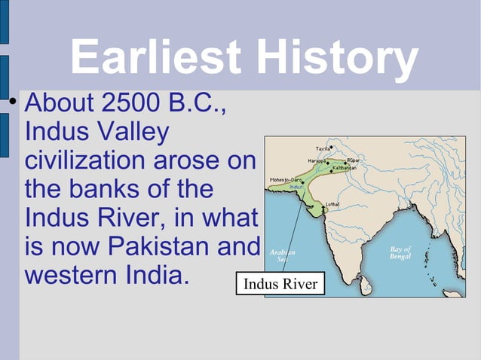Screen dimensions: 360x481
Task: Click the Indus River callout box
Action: click(280, 284)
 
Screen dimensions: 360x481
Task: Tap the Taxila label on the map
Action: click(322, 148)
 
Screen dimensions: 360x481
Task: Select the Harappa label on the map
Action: click(317, 161)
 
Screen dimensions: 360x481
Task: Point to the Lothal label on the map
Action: click(332, 204)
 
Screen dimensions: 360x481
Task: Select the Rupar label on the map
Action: click(353, 160)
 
